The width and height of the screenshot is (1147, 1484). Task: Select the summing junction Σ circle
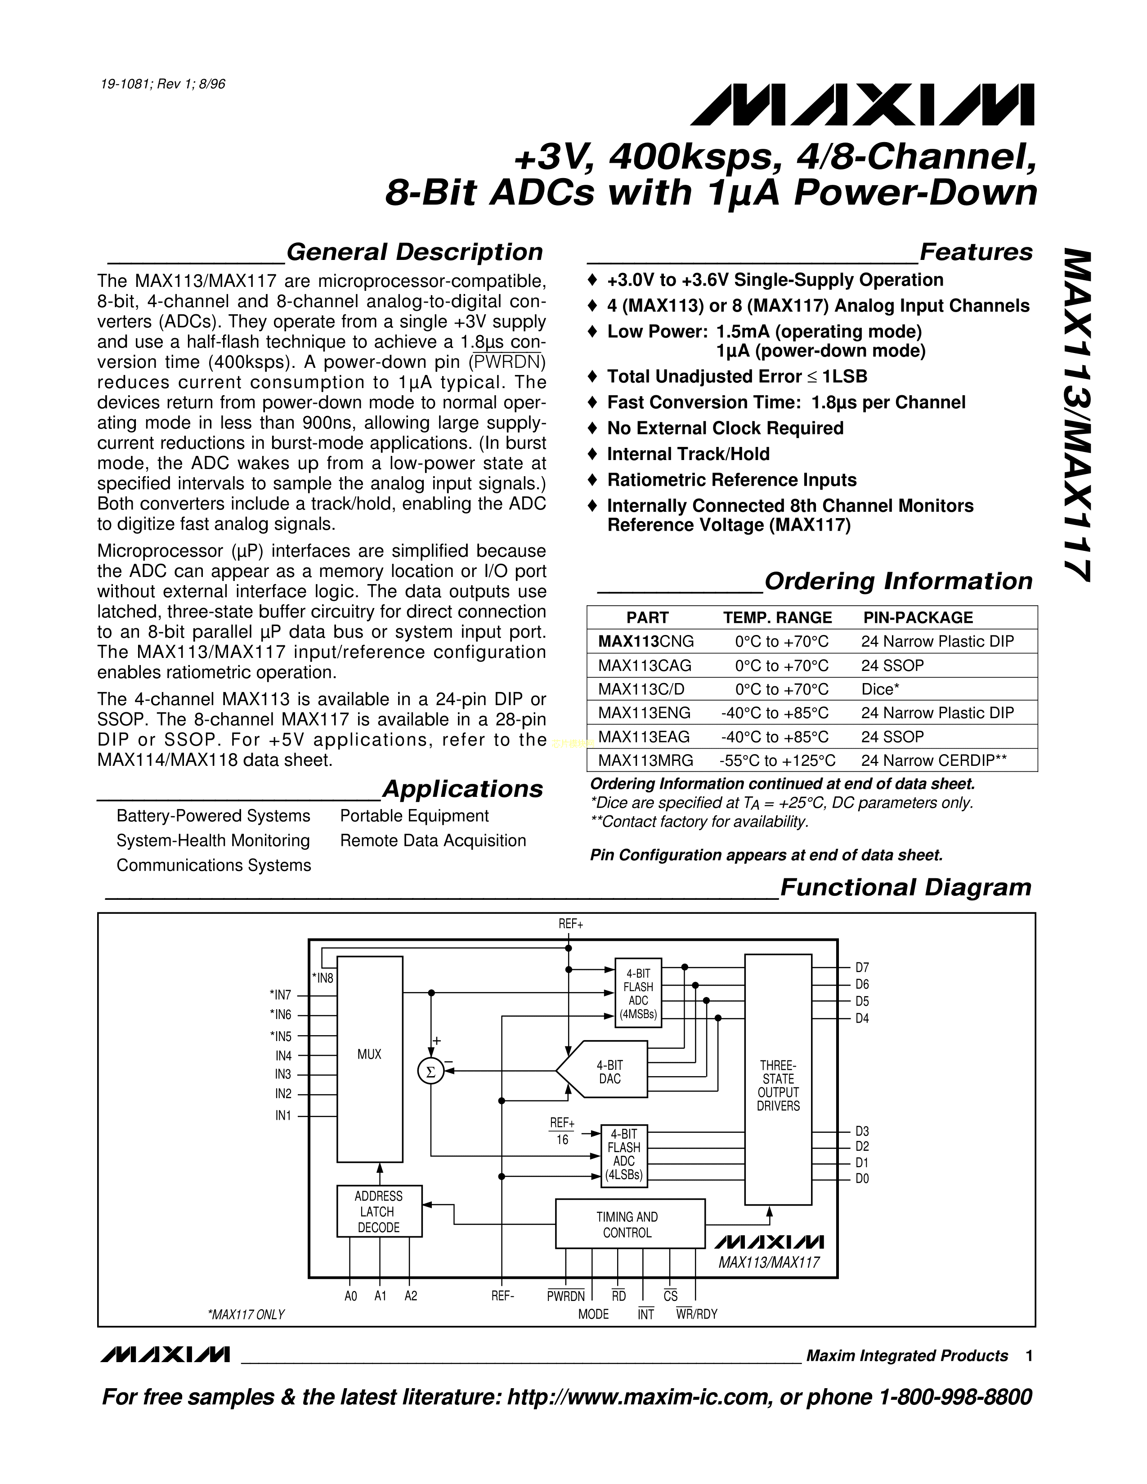click(430, 1072)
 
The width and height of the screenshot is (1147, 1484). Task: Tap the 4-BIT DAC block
click(609, 1072)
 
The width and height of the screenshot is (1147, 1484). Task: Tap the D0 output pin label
click(862, 1179)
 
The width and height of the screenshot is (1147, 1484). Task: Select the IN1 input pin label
click(282, 1116)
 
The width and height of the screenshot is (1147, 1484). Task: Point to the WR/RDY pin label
click(696, 1314)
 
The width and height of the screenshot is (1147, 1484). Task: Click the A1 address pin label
click(381, 1296)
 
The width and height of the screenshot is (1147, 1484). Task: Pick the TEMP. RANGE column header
click(777, 617)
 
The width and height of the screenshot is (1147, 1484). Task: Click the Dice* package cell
click(880, 689)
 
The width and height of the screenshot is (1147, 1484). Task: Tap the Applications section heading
click(462, 789)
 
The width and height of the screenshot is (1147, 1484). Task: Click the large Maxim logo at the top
click(862, 105)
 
